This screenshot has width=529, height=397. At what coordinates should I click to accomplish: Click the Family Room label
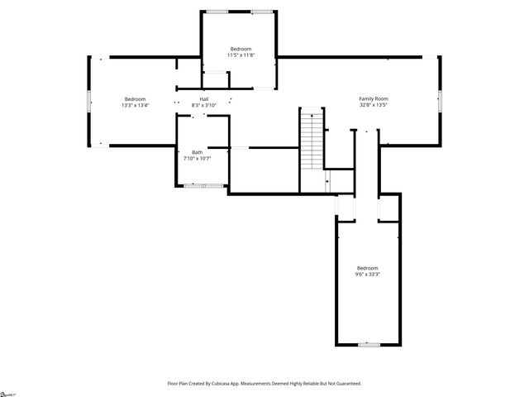click(374, 98)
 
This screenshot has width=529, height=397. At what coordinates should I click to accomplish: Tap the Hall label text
click(203, 99)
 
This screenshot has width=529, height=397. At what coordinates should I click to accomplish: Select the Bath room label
click(197, 152)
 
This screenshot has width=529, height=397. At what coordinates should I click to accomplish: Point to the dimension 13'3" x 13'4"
click(135, 105)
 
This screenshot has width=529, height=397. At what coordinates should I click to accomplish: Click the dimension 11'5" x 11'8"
click(241, 55)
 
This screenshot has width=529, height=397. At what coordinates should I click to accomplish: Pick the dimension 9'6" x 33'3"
click(368, 274)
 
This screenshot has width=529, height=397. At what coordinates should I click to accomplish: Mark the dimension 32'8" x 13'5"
click(374, 105)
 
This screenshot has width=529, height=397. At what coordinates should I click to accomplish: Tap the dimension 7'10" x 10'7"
click(197, 158)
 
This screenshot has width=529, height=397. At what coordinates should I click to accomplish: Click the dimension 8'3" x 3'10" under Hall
click(203, 105)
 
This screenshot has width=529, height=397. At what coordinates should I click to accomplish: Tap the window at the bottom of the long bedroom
click(369, 344)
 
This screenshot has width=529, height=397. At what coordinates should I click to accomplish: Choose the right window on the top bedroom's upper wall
click(263, 12)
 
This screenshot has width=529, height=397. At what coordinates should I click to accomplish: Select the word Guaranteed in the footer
click(346, 384)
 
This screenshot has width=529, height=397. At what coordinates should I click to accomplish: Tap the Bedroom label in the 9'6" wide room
click(368, 268)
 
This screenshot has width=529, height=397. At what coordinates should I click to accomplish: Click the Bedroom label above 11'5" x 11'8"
click(241, 50)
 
